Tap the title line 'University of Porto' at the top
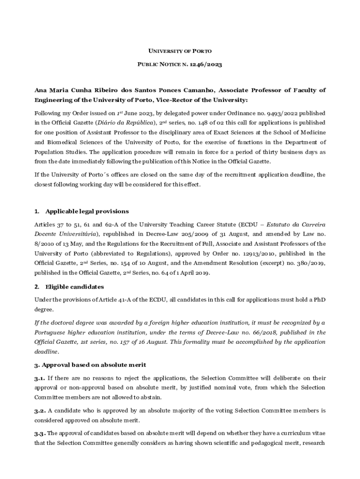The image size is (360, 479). (x=180, y=50)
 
